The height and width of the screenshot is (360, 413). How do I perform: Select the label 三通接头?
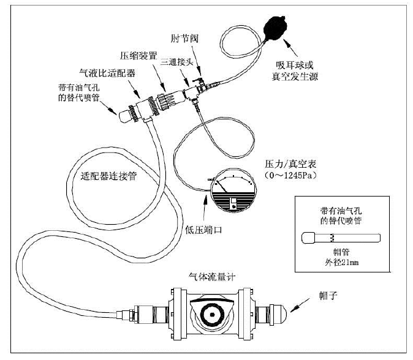point(178,62)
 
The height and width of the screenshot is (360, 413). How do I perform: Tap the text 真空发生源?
point(298,75)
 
